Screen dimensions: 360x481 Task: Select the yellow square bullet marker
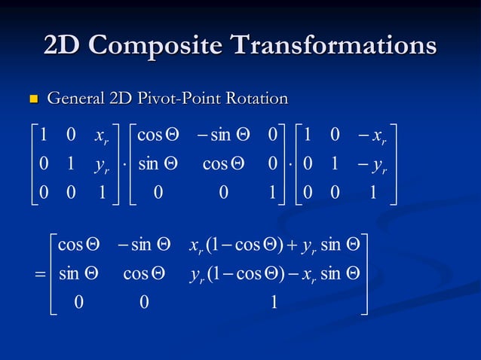point(32,99)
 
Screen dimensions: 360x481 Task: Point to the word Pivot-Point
point(180,99)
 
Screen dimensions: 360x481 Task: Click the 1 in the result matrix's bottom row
point(273,301)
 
